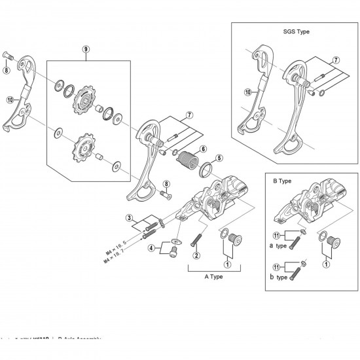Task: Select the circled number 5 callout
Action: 220,158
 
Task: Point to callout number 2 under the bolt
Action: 196,255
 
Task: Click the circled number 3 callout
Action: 130,218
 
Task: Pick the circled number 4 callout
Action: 151,248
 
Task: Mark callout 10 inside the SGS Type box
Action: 247,93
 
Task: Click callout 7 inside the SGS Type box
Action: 336,60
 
